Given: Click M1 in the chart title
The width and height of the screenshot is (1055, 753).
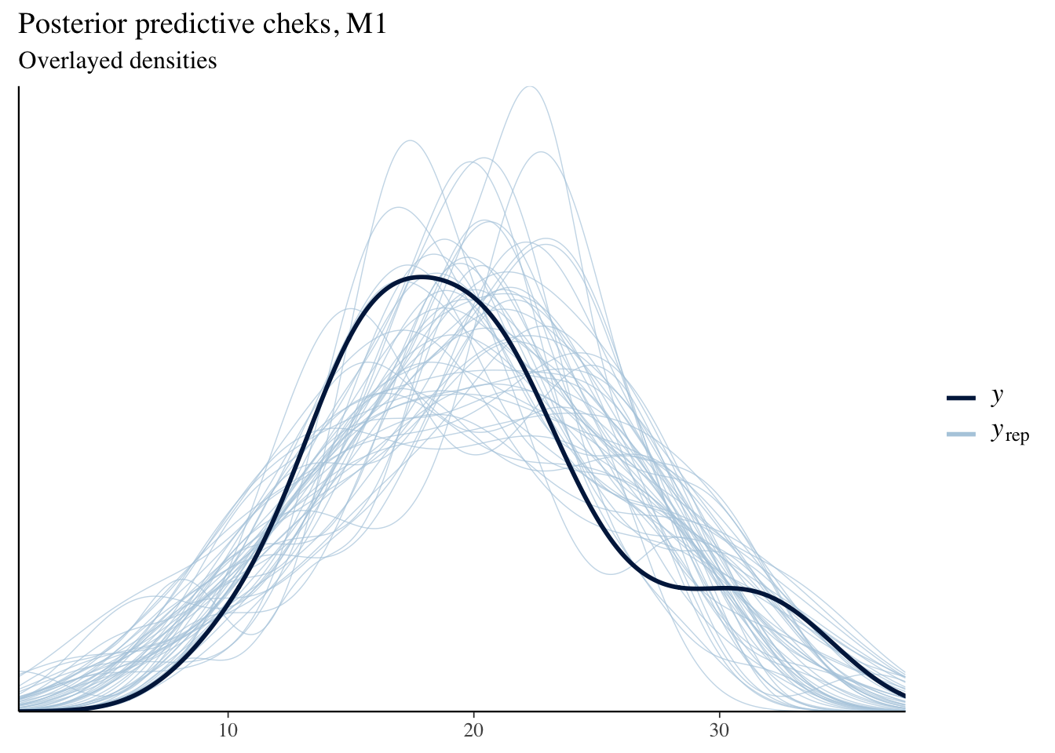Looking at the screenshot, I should (x=366, y=24).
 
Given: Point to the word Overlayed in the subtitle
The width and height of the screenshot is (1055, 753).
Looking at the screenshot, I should (x=65, y=60).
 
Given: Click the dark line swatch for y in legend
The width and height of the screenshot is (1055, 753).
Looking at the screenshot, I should (x=961, y=398).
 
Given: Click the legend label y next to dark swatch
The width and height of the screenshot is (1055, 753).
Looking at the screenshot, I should (x=997, y=396).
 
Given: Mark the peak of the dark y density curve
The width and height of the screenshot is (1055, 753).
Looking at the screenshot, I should (x=422, y=277).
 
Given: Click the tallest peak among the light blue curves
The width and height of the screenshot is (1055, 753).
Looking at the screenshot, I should (x=530, y=86).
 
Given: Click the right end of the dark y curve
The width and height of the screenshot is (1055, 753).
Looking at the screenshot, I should (x=904, y=695).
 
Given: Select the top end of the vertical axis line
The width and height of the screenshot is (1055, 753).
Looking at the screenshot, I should (x=18, y=88).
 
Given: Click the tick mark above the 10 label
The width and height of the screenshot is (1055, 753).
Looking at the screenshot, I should (x=228, y=715).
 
